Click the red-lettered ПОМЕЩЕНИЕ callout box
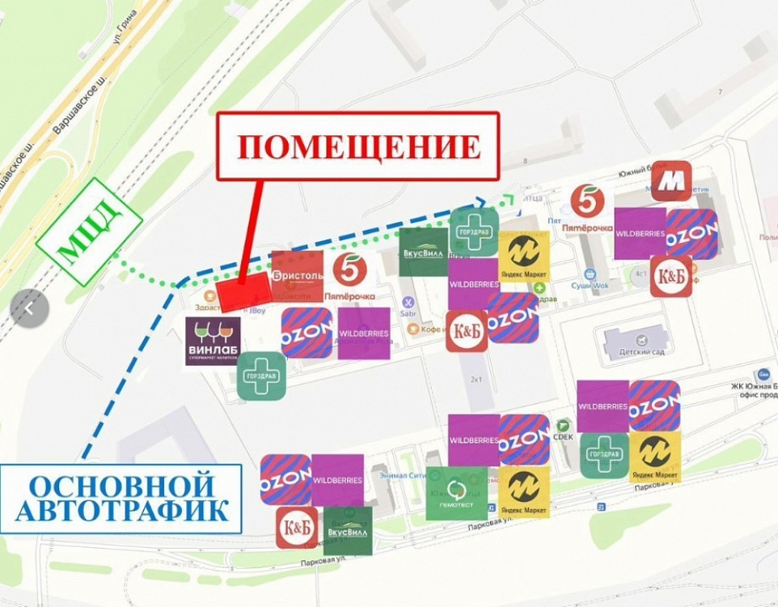(x=358, y=146)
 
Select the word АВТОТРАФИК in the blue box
(x=122, y=509)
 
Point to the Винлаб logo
(x=213, y=341)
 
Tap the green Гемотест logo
(x=457, y=494)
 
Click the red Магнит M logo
(x=672, y=181)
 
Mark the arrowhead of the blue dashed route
(x=480, y=202)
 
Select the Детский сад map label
(x=635, y=354)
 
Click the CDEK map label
(x=563, y=437)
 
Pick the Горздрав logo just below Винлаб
(x=261, y=376)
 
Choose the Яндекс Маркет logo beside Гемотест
(x=524, y=493)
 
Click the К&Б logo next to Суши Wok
(x=671, y=276)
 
